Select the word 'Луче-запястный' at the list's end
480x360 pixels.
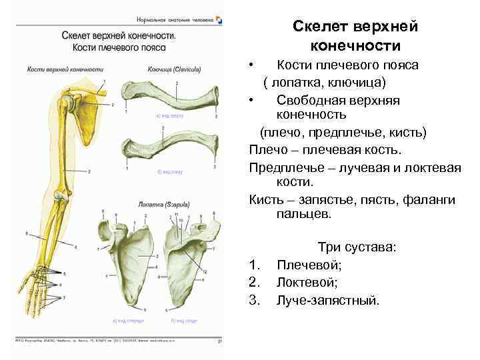click(x=328, y=300)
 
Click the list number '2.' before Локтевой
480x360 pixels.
click(x=254, y=283)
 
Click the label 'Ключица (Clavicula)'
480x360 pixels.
click(x=167, y=69)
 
